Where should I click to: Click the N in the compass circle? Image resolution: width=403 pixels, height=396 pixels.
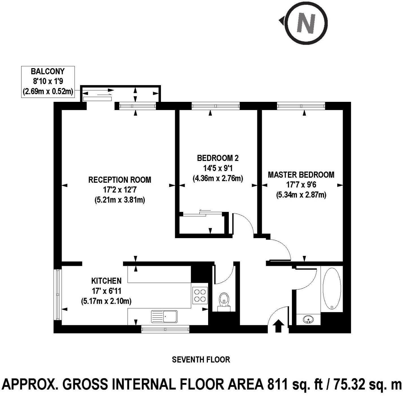306,23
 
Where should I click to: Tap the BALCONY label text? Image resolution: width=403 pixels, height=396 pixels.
48,71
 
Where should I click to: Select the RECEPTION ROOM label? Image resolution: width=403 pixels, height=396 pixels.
120,180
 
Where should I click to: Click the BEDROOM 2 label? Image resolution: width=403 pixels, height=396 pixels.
218,158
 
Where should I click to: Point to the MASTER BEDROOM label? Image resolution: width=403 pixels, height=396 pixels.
301,175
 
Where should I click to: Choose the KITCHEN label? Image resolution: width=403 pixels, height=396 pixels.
106,281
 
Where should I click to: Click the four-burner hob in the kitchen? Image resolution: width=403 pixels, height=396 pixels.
200,295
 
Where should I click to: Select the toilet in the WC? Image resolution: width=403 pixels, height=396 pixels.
224,302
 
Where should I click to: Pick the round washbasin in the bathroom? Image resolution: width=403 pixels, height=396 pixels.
308,319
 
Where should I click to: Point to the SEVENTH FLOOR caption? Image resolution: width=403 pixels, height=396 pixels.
201,360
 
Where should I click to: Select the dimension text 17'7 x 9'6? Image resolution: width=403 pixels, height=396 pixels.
301,185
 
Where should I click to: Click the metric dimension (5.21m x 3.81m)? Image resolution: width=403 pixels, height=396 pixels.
120,200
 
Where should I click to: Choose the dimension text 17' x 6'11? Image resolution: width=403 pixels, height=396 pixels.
106,291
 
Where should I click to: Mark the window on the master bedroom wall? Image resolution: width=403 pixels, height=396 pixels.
301,106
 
